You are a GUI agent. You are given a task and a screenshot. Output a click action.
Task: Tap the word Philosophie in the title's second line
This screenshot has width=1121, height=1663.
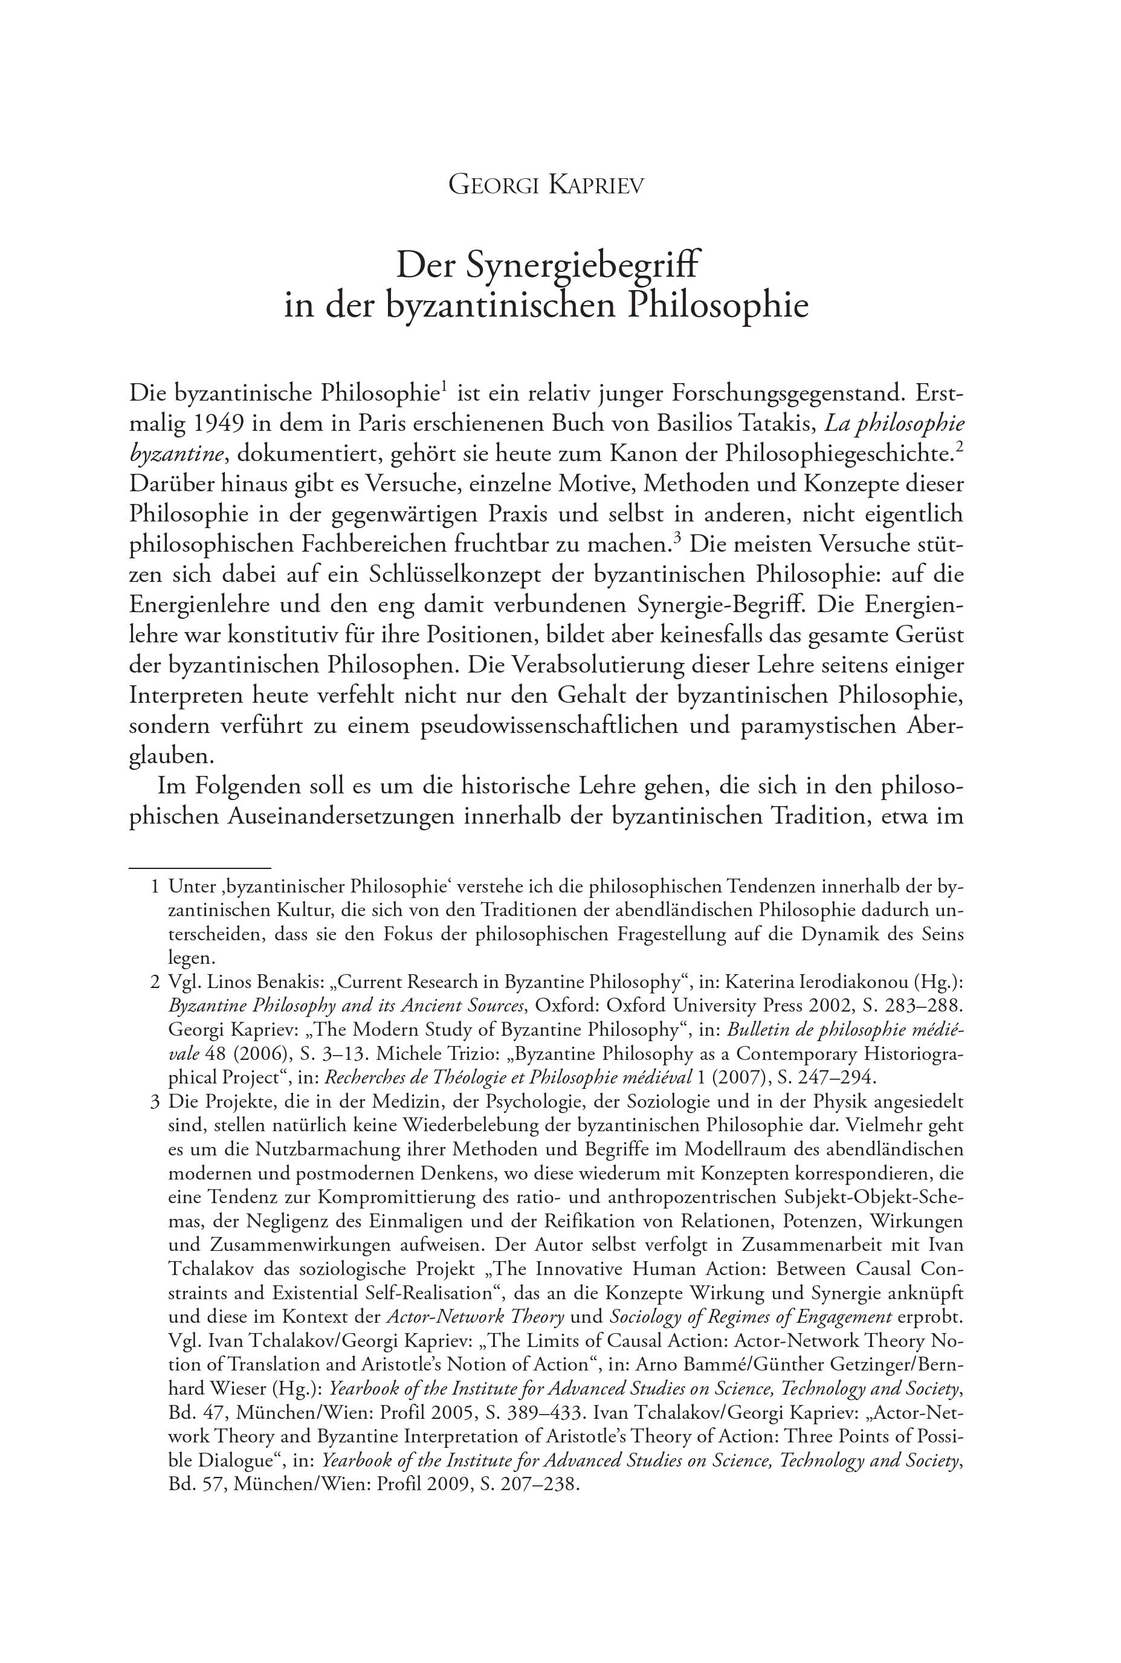pos(718,305)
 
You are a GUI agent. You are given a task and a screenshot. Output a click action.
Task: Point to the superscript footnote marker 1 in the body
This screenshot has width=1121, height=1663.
pos(444,388)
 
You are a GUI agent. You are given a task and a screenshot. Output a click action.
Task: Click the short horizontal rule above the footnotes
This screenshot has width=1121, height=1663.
pos(199,868)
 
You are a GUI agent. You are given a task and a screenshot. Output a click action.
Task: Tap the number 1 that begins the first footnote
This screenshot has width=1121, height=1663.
pos(155,887)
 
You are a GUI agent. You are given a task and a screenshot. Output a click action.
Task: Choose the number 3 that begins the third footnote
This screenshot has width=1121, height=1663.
pos(155,1102)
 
